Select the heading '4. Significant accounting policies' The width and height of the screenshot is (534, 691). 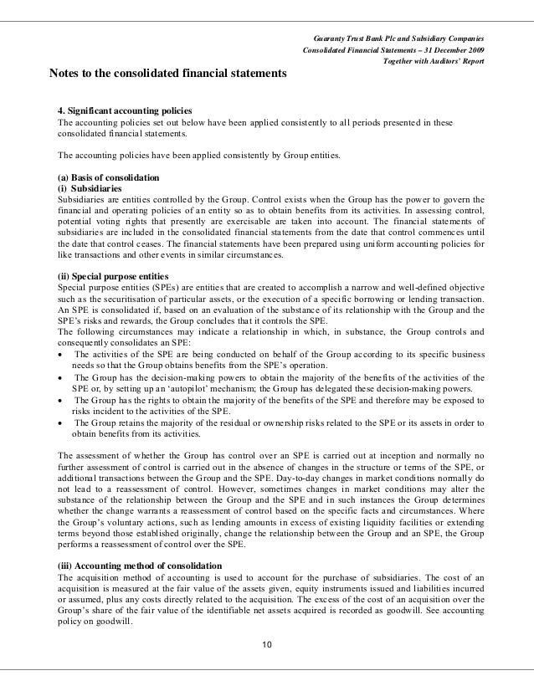pos(124,111)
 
